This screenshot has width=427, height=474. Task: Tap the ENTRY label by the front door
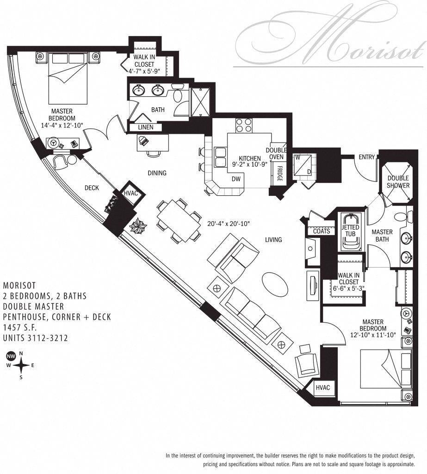(x=366, y=157)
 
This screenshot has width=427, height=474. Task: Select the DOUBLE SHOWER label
(x=398, y=181)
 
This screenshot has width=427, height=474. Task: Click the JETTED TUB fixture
(x=349, y=231)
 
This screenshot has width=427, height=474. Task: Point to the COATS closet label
(x=322, y=231)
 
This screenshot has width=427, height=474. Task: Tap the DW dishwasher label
(x=236, y=179)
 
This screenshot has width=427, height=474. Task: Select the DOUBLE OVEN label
(x=277, y=154)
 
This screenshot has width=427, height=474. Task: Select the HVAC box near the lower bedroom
(x=323, y=387)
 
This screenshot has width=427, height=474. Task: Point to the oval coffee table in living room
(x=274, y=281)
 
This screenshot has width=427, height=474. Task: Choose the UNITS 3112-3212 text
(x=35, y=338)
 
